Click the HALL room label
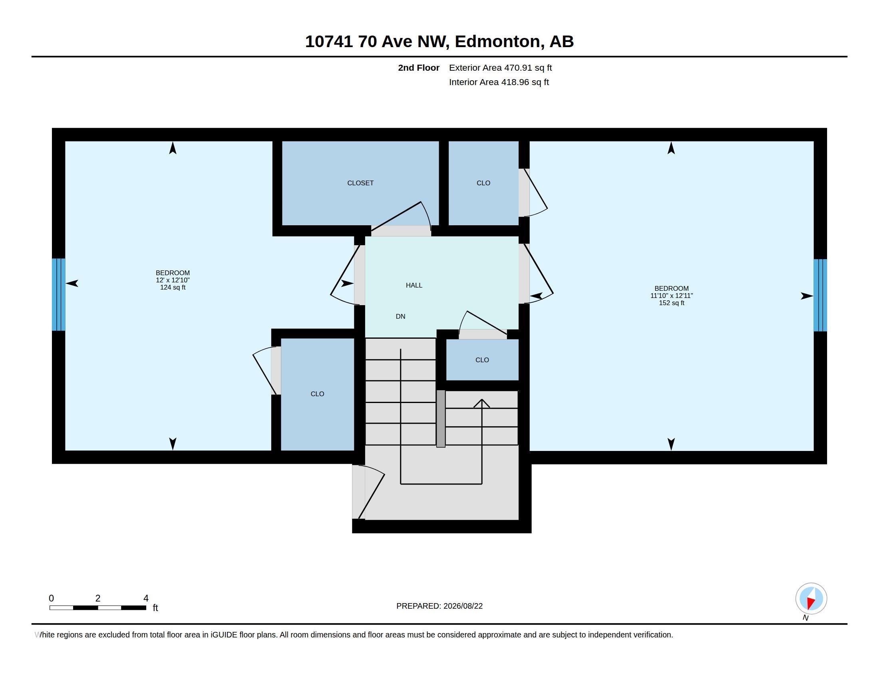click(414, 285)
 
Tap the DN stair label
click(400, 317)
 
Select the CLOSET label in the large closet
click(360, 183)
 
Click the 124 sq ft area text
click(173, 287)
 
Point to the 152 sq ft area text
click(671, 303)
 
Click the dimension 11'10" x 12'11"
click(671, 296)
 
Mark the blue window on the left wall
click(59, 294)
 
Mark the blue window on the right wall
click(820, 295)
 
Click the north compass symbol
click(811, 599)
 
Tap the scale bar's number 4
click(146, 598)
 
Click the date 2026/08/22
click(463, 606)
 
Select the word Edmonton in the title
click(497, 42)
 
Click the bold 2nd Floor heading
click(419, 68)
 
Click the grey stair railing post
click(441, 418)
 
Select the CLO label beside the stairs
click(482, 360)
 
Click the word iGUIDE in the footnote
click(224, 635)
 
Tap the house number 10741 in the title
click(329, 42)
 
